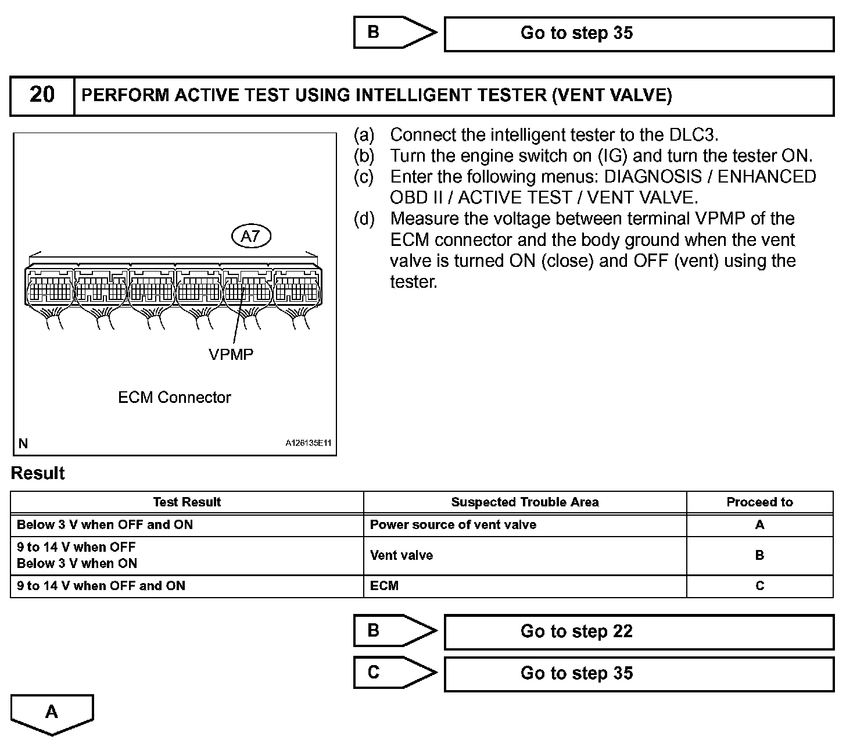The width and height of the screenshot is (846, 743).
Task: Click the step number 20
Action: click(x=42, y=95)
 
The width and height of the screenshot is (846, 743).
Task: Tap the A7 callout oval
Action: click(x=251, y=237)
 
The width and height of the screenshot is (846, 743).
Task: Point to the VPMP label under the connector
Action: click(x=231, y=354)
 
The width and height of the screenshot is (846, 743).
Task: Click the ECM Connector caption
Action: click(x=174, y=398)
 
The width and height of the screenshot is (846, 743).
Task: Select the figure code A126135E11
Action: click(x=308, y=443)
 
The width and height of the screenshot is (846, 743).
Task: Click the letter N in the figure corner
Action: click(x=23, y=444)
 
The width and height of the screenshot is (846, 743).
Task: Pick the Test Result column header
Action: click(x=187, y=502)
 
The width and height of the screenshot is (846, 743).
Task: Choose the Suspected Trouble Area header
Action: click(x=525, y=502)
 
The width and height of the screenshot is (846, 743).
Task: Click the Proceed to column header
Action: click(x=759, y=502)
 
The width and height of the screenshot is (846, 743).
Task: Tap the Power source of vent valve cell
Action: click(x=453, y=525)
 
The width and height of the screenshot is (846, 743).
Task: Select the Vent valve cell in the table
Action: click(x=402, y=555)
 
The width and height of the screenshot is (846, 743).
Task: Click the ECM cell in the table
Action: click(x=384, y=586)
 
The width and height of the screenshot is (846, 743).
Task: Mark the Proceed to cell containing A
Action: click(x=759, y=525)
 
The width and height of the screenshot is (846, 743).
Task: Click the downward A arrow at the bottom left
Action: click(x=52, y=713)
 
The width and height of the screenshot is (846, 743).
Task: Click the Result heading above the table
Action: click(x=38, y=473)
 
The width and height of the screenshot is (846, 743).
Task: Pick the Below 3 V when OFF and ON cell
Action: click(x=105, y=525)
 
